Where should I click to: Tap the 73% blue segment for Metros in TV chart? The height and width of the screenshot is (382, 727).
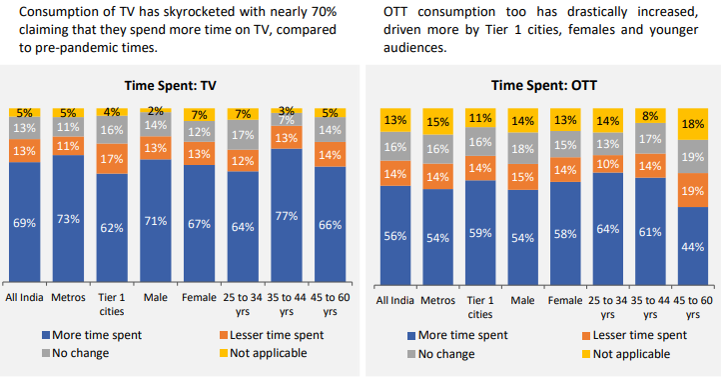point(69,219)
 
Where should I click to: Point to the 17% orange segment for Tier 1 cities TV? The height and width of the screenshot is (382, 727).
point(112,158)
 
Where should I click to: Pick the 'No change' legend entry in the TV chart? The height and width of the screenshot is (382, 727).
point(76,353)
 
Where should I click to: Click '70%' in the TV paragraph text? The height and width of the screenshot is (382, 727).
point(318,13)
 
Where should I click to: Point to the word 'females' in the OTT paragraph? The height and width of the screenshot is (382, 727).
point(559,30)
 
